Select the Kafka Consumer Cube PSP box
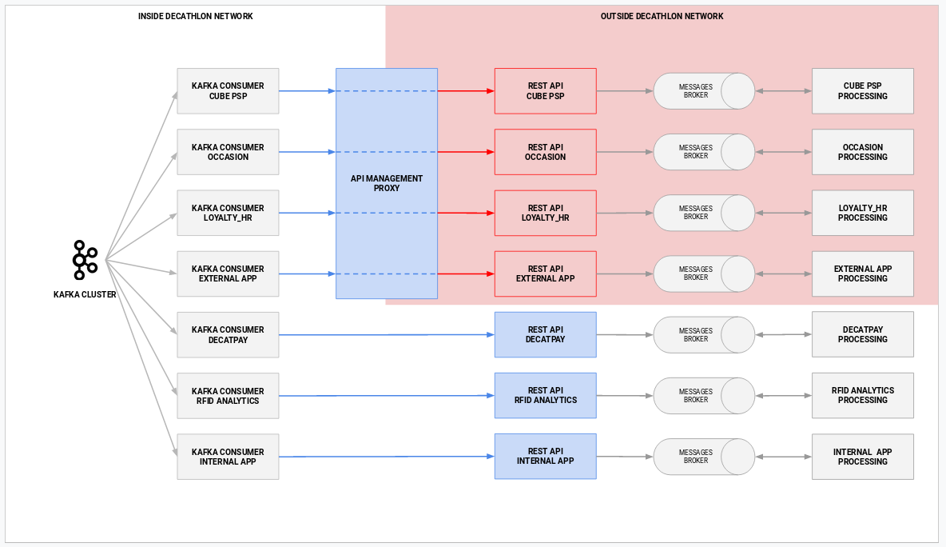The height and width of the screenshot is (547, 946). click(x=228, y=91)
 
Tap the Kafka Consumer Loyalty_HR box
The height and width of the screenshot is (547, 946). click(x=228, y=213)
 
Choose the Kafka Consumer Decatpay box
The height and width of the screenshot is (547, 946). click(x=228, y=334)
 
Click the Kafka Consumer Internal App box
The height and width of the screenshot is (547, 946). click(x=228, y=457)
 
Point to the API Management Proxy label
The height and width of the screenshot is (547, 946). click(x=387, y=183)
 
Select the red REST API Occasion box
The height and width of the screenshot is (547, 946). click(x=545, y=152)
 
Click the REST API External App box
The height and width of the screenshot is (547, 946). click(x=545, y=273)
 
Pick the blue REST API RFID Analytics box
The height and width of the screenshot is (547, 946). click(x=545, y=395)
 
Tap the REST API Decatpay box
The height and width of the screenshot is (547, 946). click(x=545, y=334)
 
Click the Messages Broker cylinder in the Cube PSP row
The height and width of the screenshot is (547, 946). click(x=703, y=91)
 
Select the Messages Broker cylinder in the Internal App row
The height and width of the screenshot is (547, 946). click(x=703, y=457)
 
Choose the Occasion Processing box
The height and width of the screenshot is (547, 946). click(x=862, y=152)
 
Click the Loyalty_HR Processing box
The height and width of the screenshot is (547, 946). click(x=862, y=213)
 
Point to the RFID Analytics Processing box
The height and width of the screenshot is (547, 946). click(x=862, y=395)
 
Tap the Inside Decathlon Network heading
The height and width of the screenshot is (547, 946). click(x=195, y=16)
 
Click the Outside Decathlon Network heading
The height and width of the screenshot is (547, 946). click(x=662, y=16)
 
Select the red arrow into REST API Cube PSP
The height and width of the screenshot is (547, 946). click(x=466, y=91)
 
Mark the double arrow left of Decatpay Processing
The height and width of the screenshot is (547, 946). click(x=783, y=334)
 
